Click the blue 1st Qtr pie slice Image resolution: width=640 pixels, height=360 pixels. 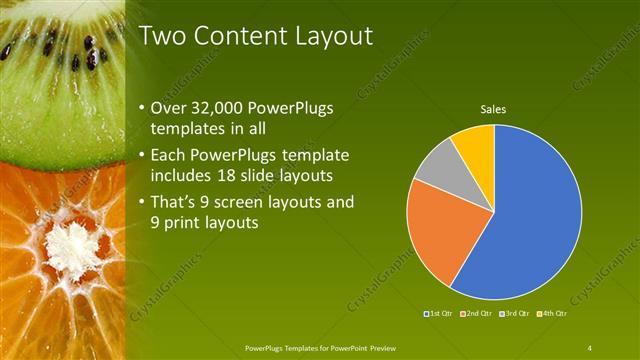[x=530, y=220]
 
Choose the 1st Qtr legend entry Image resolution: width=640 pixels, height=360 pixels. [x=440, y=315]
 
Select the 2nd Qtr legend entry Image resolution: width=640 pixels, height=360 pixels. [x=476, y=315]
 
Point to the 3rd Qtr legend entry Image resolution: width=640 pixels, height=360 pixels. [x=514, y=315]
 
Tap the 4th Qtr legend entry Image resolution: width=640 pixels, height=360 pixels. [x=550, y=315]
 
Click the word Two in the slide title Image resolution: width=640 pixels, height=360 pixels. [x=162, y=37]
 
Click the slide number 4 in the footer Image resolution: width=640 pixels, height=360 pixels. [x=589, y=347]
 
